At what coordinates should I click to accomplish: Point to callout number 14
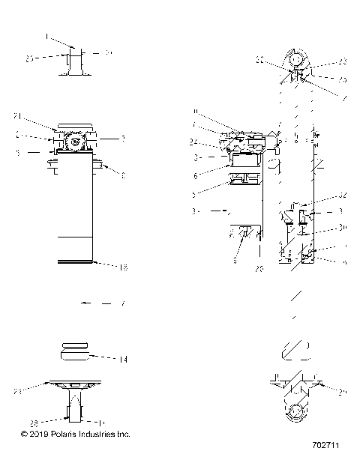click(x=123, y=360)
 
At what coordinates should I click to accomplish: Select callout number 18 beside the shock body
click(x=123, y=267)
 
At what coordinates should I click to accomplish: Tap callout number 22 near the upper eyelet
click(x=260, y=60)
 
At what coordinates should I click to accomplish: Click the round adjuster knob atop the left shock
click(x=74, y=141)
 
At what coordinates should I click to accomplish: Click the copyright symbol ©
click(x=24, y=434)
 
